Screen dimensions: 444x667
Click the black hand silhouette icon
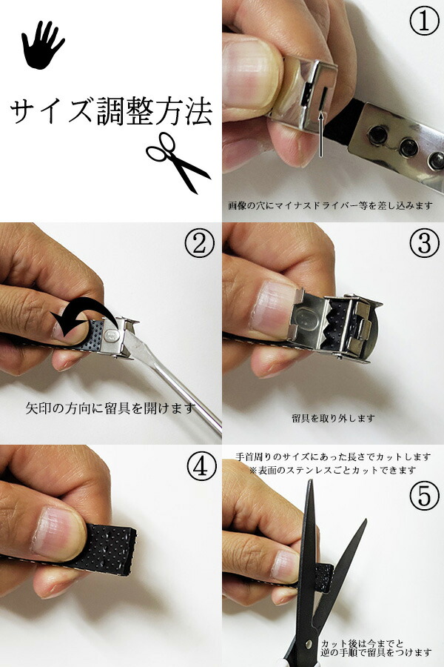point(41,46)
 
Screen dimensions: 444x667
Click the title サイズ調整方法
point(111,111)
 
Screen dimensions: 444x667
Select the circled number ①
point(423,21)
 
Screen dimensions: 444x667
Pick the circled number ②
point(199,242)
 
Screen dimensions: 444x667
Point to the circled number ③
point(424,242)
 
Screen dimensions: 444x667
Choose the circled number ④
point(201,467)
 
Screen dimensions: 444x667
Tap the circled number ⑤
point(424,497)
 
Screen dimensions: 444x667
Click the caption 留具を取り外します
point(334,419)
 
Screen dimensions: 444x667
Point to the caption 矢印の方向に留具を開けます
point(110,408)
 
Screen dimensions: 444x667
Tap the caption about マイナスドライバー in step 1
point(330,206)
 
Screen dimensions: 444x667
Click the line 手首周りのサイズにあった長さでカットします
point(333,457)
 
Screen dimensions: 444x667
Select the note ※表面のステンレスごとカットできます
point(333,470)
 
